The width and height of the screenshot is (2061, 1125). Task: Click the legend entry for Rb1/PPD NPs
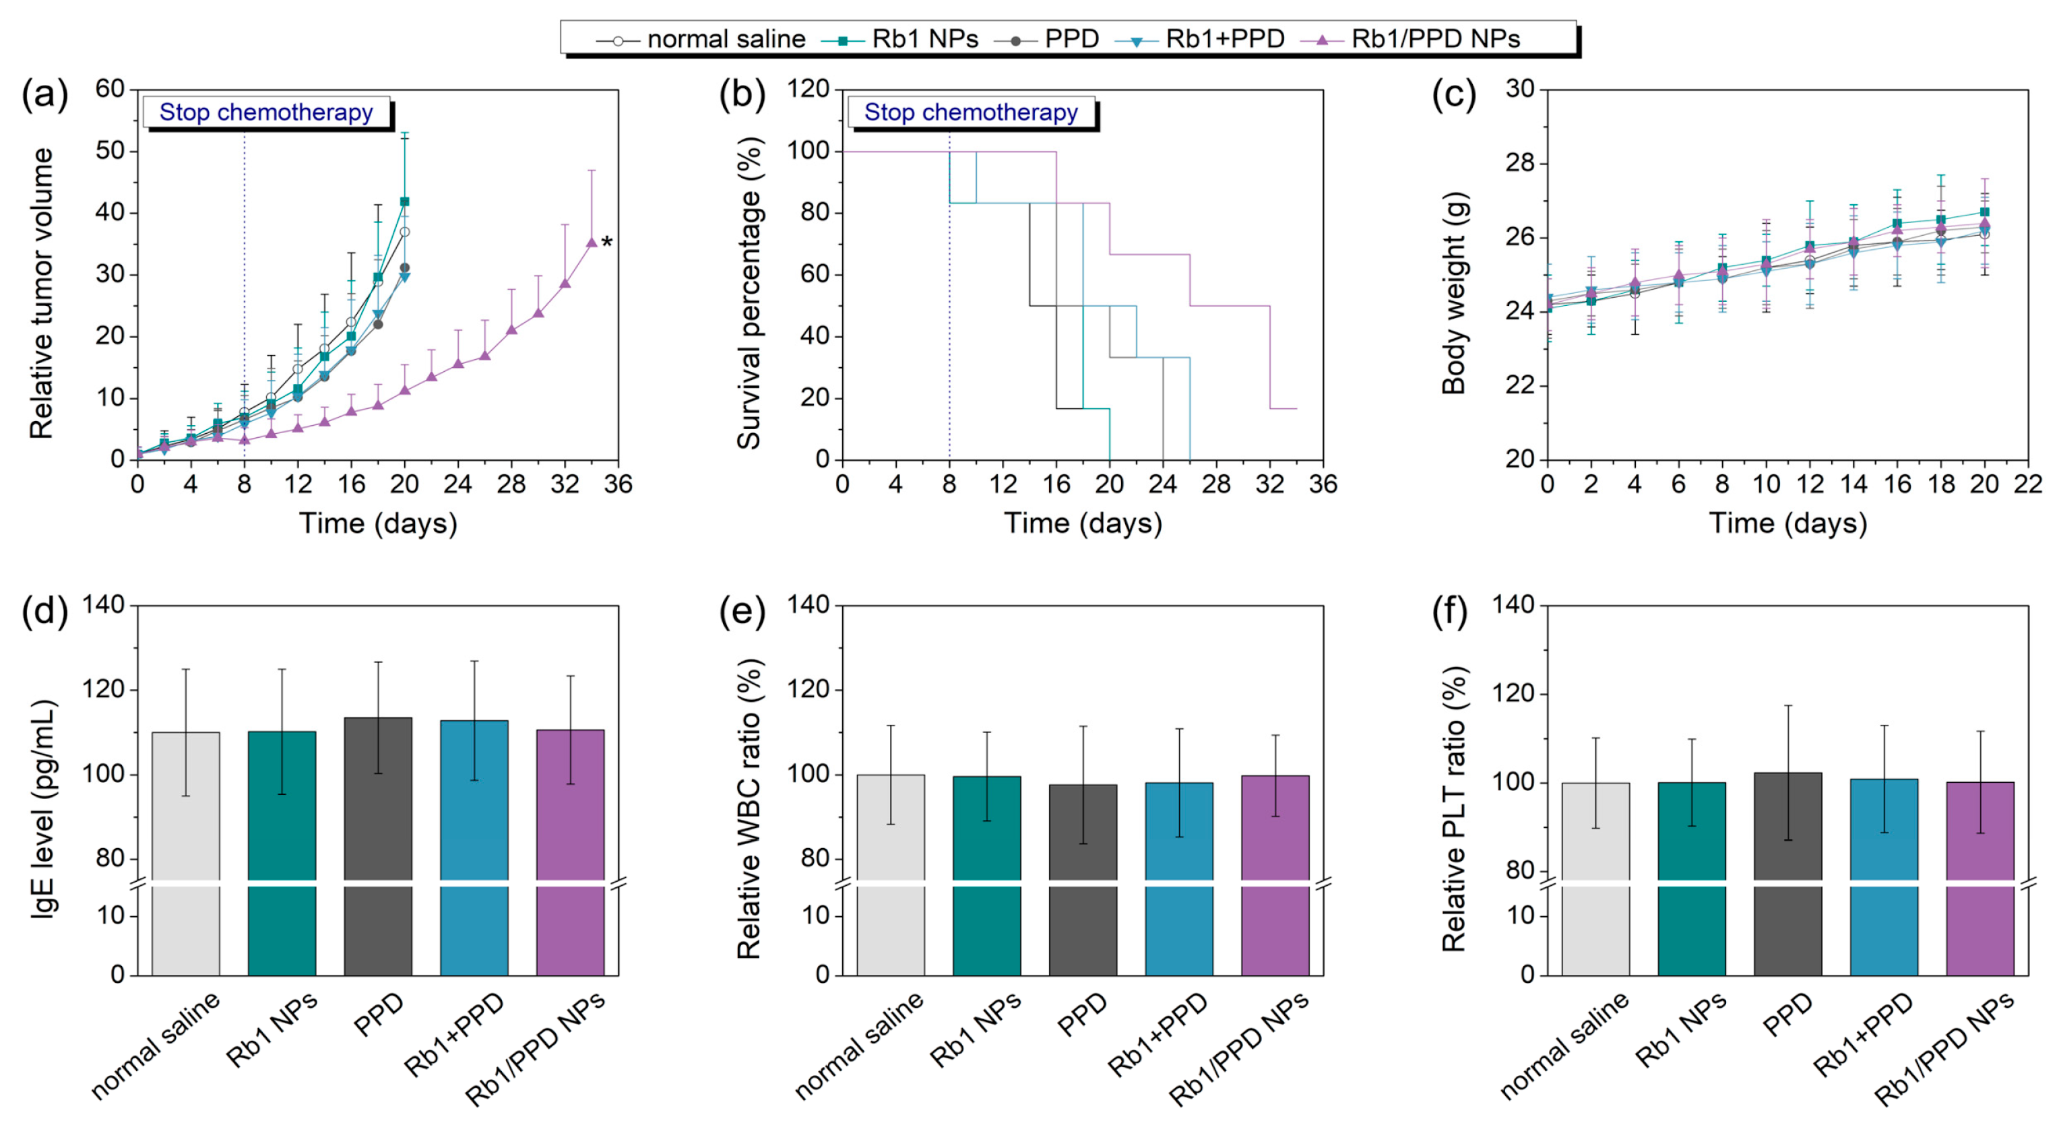pyautogui.click(x=1434, y=38)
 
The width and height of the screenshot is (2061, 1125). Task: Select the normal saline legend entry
pyautogui.click(x=725, y=38)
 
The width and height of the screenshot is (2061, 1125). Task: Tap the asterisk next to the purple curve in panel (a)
pyautogui.click(x=607, y=243)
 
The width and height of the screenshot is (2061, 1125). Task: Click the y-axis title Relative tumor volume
pyautogui.click(x=41, y=293)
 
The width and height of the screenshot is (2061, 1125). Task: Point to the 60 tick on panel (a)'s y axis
pyautogui.click(x=110, y=89)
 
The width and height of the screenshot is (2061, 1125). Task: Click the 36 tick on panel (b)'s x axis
pyautogui.click(x=1323, y=484)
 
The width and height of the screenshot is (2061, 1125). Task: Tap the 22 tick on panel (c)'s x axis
pyautogui.click(x=2027, y=484)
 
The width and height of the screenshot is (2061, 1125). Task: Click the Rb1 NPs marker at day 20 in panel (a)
pyautogui.click(x=404, y=201)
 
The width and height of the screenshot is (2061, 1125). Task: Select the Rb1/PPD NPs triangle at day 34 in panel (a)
pyautogui.click(x=592, y=243)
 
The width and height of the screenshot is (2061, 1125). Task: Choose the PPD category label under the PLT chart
pyautogui.click(x=1789, y=1015)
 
